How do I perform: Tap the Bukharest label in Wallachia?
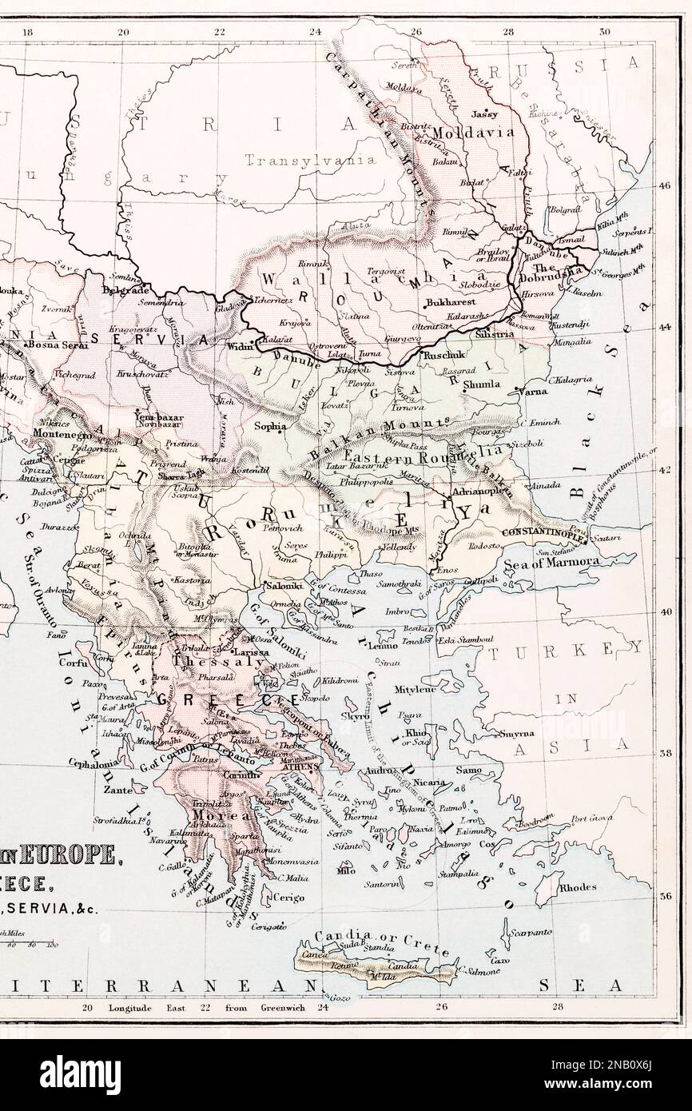tap(451, 303)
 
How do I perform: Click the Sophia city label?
tap(269, 427)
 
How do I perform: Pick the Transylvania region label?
tap(310, 160)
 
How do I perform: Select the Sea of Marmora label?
tap(571, 562)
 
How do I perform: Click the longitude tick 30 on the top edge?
tap(605, 32)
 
